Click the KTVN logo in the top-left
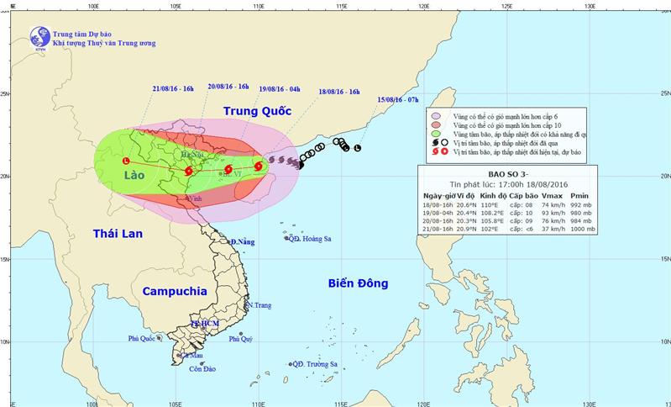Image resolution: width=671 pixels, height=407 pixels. point(39,37)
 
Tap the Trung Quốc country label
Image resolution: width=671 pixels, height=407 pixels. point(256,111)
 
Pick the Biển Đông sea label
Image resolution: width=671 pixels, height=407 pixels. point(358,284)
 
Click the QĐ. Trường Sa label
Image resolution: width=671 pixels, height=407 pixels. point(317,364)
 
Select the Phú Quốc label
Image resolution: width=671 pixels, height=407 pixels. point(144,339)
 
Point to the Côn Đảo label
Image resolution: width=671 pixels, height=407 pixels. point(203,369)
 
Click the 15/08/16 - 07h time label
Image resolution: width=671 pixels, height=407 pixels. point(398,100)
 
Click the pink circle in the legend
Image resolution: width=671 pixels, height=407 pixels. point(435,115)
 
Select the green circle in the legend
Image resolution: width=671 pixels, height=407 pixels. point(435,135)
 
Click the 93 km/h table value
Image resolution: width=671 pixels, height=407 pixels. point(549,212)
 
